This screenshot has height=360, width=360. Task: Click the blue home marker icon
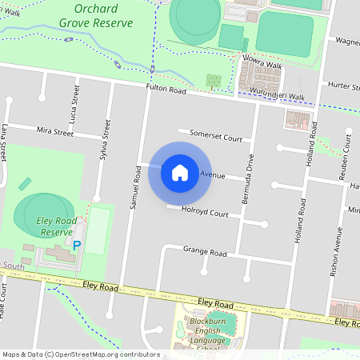pos(180,172)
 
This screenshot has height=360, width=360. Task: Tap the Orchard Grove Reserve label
pos(101,16)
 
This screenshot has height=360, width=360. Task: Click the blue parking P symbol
pos(77,246)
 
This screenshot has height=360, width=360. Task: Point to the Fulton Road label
pos(166,90)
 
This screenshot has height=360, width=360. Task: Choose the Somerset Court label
pos(215,137)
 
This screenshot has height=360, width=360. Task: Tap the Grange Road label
pos(205,253)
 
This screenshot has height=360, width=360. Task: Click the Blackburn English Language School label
pos(206,335)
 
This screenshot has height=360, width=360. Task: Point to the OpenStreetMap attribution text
pos(81,354)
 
